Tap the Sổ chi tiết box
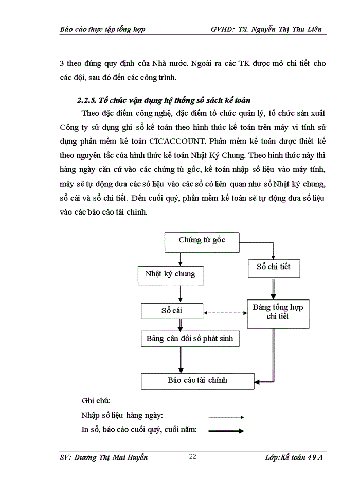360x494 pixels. click(273, 268)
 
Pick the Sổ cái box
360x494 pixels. click(172, 311)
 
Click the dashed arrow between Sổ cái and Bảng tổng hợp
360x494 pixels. click(225, 312)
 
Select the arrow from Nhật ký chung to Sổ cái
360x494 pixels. click(180, 293)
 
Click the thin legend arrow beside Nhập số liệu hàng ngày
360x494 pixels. click(226, 417)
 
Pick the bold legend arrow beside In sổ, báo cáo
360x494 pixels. click(226, 431)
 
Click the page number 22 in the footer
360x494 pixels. click(193, 457)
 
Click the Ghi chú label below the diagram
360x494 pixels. click(96, 400)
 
